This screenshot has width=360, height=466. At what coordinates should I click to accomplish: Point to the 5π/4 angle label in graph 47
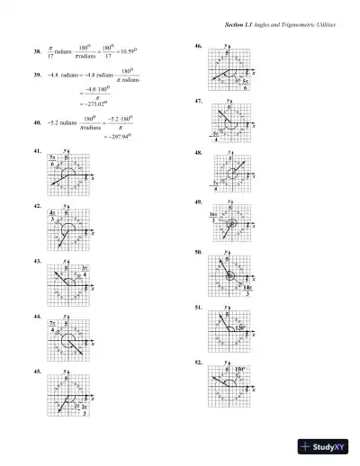(216, 137)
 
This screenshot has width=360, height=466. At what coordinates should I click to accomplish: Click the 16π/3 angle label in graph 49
(215, 216)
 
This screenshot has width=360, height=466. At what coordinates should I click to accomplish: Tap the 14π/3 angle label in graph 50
(247, 290)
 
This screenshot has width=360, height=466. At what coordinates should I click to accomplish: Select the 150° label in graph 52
(240, 369)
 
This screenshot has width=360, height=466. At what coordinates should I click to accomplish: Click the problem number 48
(198, 154)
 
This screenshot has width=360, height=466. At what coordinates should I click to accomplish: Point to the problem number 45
(37, 371)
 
